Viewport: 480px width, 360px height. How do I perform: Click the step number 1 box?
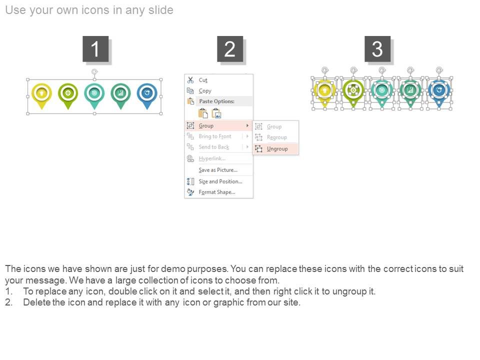(95, 49)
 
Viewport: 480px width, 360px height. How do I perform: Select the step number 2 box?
(230, 49)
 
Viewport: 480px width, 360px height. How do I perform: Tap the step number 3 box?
(377, 49)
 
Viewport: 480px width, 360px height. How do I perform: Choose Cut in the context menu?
(203, 80)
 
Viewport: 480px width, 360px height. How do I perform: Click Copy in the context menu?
(205, 91)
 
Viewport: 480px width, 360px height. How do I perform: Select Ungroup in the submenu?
(277, 149)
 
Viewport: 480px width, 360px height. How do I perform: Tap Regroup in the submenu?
(276, 137)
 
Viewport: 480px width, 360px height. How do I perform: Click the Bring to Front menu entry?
(215, 136)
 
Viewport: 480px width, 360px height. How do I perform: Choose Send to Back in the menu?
(213, 147)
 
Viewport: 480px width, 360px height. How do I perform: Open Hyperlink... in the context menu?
(212, 158)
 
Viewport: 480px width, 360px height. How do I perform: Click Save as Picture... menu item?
(218, 170)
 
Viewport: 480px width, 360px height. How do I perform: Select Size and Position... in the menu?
(220, 181)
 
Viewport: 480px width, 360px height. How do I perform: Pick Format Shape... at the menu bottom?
(216, 192)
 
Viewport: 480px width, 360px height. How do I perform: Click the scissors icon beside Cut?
(190, 80)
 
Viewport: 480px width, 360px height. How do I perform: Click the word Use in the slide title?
(15, 10)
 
